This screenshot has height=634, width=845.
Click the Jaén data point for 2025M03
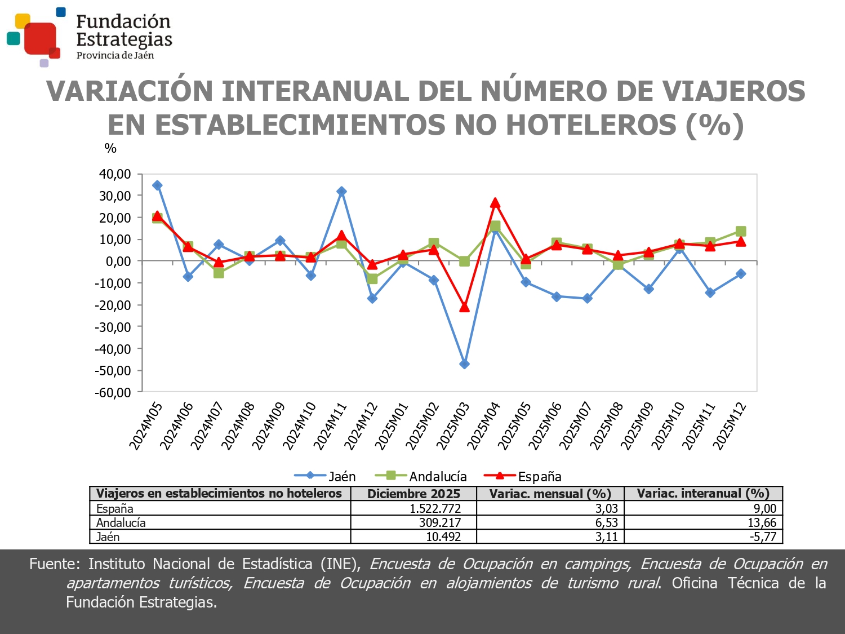(x=464, y=364)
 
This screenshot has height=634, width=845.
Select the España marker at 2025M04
(x=495, y=203)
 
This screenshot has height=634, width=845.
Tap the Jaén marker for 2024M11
(x=341, y=192)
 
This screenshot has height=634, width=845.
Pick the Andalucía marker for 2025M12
(x=741, y=232)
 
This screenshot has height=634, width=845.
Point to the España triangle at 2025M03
(x=464, y=307)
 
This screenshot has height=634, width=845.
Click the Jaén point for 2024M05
(x=157, y=185)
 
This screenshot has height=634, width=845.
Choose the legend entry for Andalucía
(x=421, y=477)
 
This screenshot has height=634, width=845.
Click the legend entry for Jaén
(x=325, y=477)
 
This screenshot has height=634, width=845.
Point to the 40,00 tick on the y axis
(x=115, y=174)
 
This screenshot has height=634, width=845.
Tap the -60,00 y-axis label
(x=113, y=393)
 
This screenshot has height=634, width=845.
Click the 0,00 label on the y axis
(x=118, y=261)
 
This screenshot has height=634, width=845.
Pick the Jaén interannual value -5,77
(x=763, y=537)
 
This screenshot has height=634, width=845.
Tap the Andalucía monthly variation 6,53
(x=606, y=522)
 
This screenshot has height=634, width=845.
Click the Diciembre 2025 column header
(x=413, y=494)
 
